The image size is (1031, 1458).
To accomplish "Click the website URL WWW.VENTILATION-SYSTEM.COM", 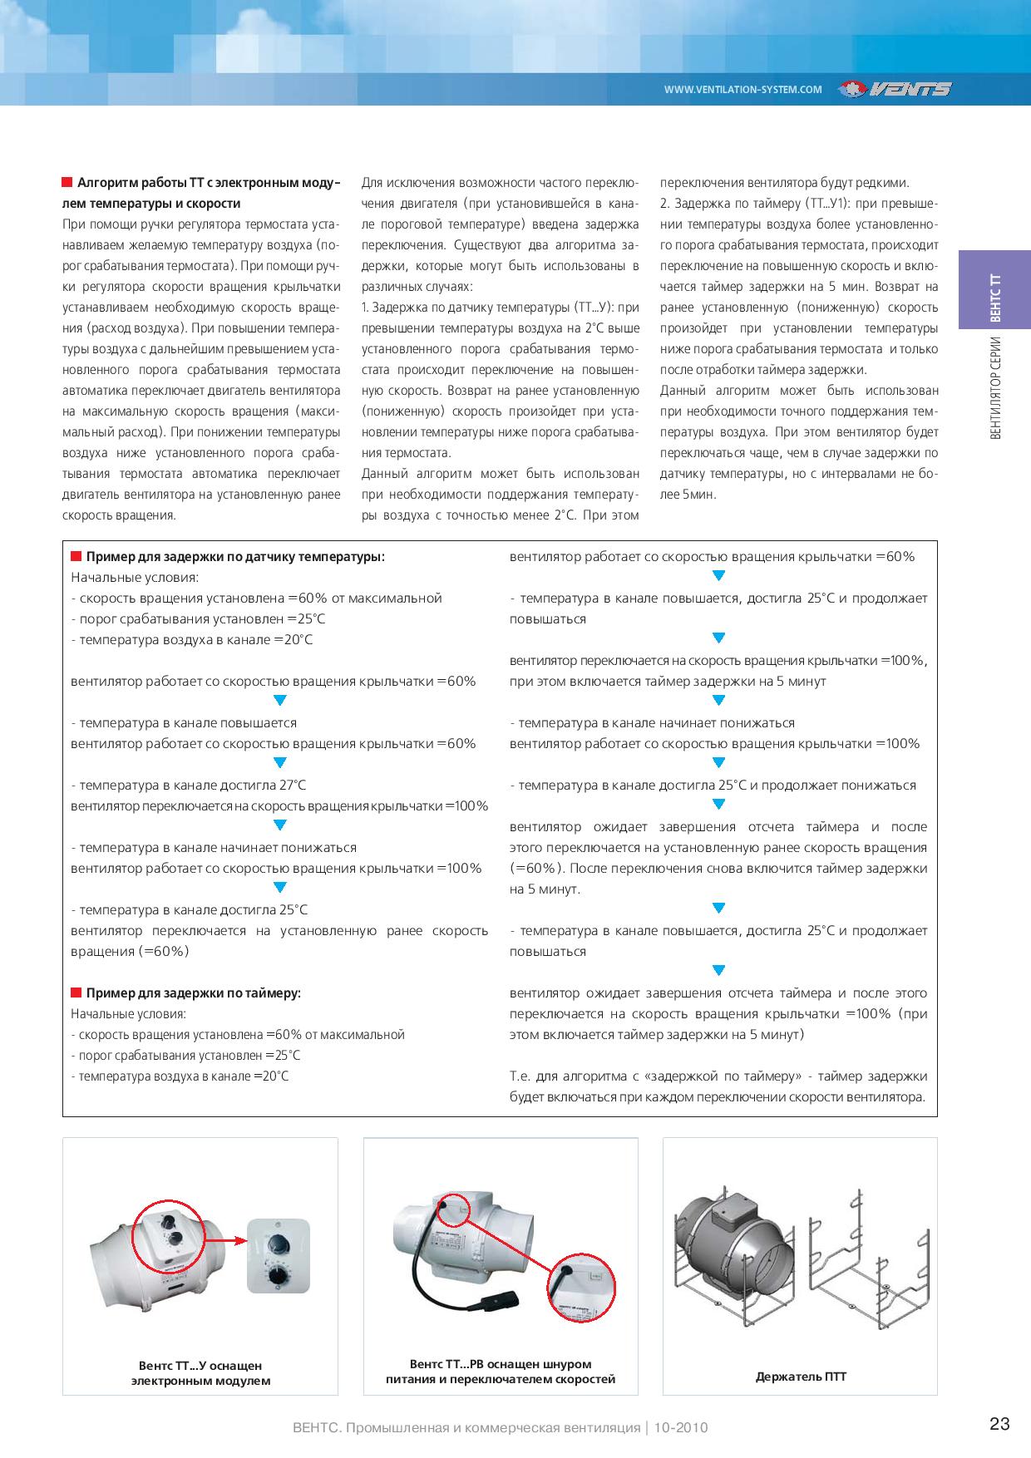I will (x=742, y=90).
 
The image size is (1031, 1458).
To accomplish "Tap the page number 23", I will (x=999, y=1424).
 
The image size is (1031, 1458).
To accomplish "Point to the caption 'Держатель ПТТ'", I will (x=801, y=1377).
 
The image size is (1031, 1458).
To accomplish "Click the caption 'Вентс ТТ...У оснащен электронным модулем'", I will (x=200, y=1373).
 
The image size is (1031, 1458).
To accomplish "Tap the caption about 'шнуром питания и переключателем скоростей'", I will (x=501, y=1372).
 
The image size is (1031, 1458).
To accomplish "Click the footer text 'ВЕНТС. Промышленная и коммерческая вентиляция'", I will (x=466, y=1427).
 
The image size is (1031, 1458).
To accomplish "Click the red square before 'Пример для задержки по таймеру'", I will (x=76, y=993).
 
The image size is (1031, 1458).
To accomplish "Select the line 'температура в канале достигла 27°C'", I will (x=189, y=786).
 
